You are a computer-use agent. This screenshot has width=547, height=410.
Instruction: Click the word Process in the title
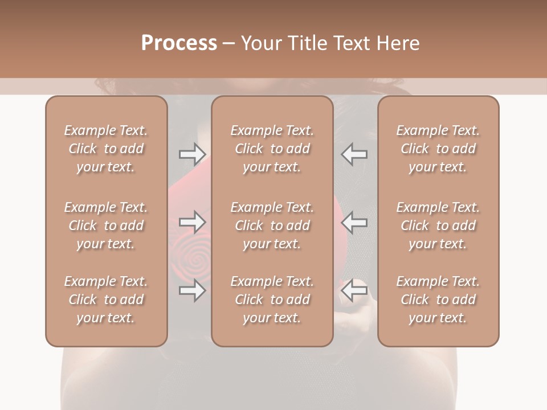coord(179,43)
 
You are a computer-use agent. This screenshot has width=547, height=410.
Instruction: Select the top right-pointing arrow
coord(192,154)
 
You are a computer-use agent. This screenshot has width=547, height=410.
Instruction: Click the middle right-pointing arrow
coord(192,222)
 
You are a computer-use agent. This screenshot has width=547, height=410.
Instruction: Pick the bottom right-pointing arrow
coord(192,290)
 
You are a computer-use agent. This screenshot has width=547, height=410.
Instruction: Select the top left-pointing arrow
coord(354,154)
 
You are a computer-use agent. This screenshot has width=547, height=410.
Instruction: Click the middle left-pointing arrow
coord(354,222)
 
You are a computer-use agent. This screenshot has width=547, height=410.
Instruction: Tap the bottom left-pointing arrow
coord(354,290)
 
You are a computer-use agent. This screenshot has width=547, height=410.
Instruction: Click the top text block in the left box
coord(106,149)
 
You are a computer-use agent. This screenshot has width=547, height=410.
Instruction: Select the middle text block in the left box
coord(106,225)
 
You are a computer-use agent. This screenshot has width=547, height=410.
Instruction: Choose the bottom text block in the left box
coord(106,300)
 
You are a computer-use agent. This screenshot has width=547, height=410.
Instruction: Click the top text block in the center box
coord(272,149)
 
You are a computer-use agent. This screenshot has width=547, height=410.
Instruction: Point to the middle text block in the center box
coord(272,225)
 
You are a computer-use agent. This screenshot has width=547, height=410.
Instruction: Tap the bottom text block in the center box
coord(272,300)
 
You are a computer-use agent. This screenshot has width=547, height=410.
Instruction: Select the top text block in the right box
coord(438,149)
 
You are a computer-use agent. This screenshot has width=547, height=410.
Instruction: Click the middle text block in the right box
coord(438,225)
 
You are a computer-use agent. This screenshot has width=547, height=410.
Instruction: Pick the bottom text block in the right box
coord(438,300)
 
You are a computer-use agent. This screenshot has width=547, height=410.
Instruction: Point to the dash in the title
coord(228,44)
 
